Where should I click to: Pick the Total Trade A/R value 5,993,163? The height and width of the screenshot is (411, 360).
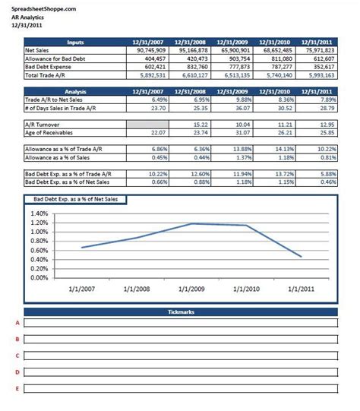[320, 75]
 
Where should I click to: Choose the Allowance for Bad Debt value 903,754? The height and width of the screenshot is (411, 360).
[237, 58]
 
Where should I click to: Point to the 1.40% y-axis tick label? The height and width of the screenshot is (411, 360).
[38, 214]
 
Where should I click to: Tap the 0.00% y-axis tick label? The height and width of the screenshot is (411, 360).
[38, 277]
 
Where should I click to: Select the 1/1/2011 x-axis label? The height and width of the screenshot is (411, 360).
[302, 289]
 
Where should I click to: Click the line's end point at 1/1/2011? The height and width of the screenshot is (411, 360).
[302, 257]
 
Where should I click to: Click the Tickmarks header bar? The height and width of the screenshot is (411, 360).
[180, 312]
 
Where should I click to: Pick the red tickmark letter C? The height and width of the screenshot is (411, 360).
[17, 356]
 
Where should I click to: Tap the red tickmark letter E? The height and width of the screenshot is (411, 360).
[17, 389]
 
